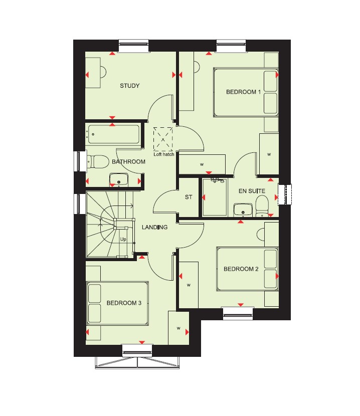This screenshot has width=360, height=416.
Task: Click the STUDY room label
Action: (x=129, y=86)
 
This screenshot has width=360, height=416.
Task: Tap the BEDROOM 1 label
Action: (x=243, y=92)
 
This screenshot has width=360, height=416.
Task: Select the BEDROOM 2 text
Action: (x=241, y=269)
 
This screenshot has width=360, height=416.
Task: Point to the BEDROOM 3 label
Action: (x=124, y=303)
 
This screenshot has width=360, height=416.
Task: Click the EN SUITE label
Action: (x=252, y=191)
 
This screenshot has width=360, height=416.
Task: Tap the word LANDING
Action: (x=154, y=227)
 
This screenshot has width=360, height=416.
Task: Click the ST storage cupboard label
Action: (x=189, y=197)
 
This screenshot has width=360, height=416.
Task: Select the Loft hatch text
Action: (x=164, y=154)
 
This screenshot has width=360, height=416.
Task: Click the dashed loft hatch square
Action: (x=163, y=139)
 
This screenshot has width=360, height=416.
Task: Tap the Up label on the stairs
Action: (x=123, y=239)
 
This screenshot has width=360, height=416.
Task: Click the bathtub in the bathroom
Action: (x=113, y=134)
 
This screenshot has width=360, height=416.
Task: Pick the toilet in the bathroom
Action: (x=97, y=161)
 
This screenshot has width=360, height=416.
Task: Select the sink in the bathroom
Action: (x=119, y=179)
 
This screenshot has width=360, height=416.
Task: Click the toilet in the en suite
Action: (x=262, y=206)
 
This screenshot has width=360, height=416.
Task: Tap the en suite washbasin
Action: (x=243, y=210)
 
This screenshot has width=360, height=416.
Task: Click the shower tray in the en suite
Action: (x=215, y=197)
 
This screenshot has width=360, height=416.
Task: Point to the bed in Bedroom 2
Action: (x=247, y=269)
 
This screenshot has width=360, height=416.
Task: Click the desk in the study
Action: (x=93, y=73)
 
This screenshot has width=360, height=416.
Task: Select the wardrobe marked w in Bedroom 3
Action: (x=178, y=328)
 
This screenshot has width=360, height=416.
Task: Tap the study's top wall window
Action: (x=133, y=46)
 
